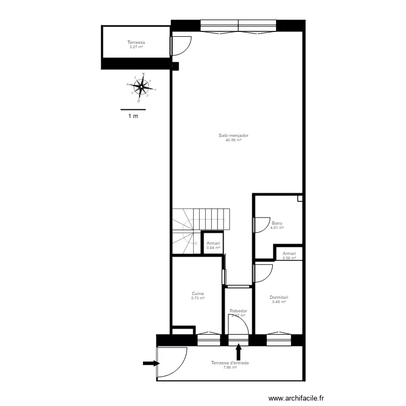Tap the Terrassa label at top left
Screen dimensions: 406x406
pyautogui.click(x=136, y=42)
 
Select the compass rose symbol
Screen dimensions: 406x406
pyautogui.click(x=141, y=86)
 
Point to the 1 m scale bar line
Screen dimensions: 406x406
pyautogui.click(x=133, y=110)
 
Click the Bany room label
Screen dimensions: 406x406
pyautogui.click(x=277, y=223)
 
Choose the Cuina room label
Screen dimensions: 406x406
pyautogui.click(x=198, y=293)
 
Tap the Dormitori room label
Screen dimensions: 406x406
pyautogui.click(x=279, y=297)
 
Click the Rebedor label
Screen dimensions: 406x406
pyautogui.click(x=238, y=311)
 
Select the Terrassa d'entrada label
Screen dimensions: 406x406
pyautogui.click(x=230, y=363)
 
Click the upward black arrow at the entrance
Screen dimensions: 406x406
pyautogui.click(x=238, y=343)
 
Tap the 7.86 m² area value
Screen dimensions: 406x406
pyautogui.click(x=230, y=368)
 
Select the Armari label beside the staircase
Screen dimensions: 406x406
pyautogui.click(x=213, y=244)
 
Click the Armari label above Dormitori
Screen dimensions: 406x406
pyautogui.click(x=289, y=253)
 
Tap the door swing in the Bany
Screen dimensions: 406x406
pyautogui.click(x=261, y=224)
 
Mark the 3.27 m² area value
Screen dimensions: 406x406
pyautogui.click(x=136, y=47)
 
